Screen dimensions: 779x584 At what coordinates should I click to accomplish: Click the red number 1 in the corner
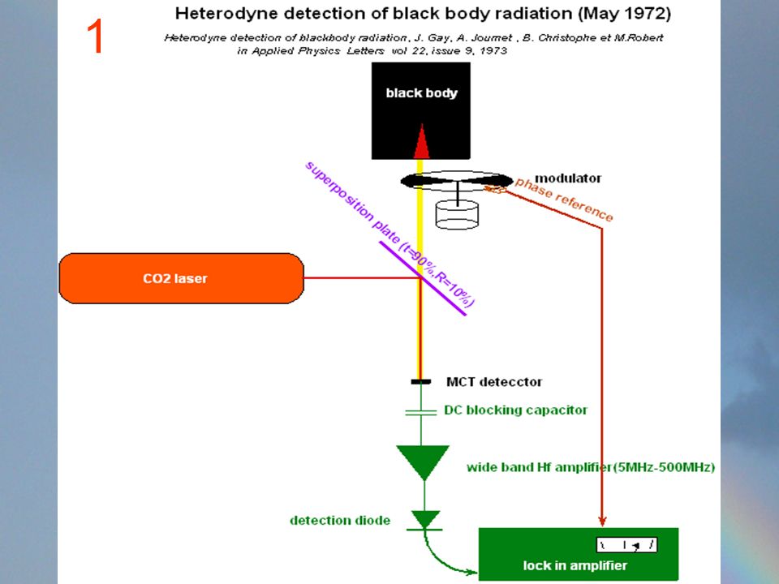pos(94,36)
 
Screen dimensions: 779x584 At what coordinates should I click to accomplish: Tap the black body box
pos(421,111)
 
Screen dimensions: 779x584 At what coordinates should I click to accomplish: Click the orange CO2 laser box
pos(181,278)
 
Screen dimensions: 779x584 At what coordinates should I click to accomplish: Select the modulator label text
pos(568,178)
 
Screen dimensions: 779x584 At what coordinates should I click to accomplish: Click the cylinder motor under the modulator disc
pos(457,214)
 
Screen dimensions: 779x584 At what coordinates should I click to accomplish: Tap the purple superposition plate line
pos(423,278)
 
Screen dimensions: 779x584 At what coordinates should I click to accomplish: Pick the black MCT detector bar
pos(421,381)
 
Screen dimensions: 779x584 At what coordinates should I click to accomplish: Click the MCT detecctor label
pos(494,382)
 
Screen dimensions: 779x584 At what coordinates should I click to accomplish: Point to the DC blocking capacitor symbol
pos(421,412)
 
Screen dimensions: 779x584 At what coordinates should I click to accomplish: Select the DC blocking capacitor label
pos(516,410)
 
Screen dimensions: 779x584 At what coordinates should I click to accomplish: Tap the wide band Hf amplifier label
pos(591,467)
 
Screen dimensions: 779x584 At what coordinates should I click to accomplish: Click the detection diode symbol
pos(425,521)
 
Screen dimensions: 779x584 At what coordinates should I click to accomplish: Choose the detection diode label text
pos(340,521)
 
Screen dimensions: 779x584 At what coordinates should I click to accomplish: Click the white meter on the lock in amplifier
pos(626,545)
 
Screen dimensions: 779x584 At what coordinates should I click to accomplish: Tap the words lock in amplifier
pos(575,565)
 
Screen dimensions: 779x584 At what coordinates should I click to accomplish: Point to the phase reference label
pos(565,199)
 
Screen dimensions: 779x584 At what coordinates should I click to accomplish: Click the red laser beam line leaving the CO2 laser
pos(362,277)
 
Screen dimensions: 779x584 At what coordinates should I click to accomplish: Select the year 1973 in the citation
pos(493,50)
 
